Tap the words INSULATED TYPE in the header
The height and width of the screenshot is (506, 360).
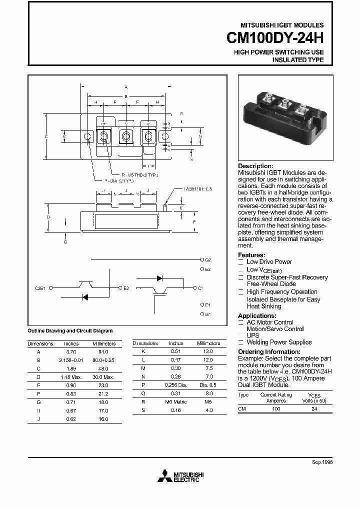pyautogui.click(x=297, y=60)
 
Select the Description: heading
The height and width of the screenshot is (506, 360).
pyautogui.click(x=255, y=166)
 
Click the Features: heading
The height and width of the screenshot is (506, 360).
pyautogui.click(x=251, y=255)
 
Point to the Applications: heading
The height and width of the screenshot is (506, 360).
pyautogui.click(x=257, y=316)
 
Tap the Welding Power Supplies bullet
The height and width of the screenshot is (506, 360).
pyautogui.click(x=278, y=342)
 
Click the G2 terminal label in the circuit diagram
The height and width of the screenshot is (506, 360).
pyautogui.click(x=208, y=260)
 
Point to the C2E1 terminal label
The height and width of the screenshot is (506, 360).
pyautogui.click(x=40, y=288)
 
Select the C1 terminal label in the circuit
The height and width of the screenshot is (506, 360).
pyautogui.click(x=200, y=288)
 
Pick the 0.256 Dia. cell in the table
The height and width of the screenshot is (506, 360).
pyautogui.click(x=175, y=385)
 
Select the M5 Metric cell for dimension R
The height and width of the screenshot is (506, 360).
pyautogui.click(x=175, y=401)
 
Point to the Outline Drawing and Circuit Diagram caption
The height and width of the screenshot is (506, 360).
pyautogui.click(x=69, y=331)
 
